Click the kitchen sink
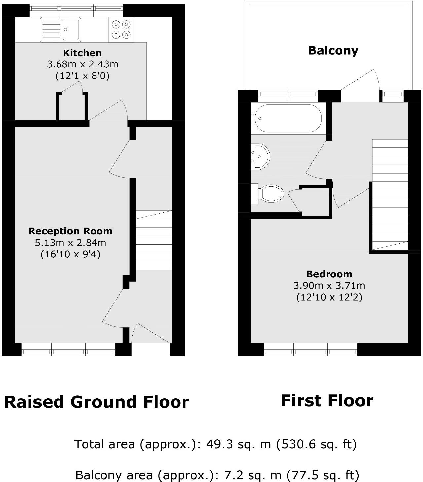60,30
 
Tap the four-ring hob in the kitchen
121,30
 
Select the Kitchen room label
82,53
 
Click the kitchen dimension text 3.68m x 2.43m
82,64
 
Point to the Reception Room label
70,231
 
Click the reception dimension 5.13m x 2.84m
70,243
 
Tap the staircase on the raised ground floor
154,240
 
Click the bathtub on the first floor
286,118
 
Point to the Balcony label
333,51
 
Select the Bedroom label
329,274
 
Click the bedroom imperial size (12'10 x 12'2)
329,297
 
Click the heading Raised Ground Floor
96,402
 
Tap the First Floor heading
327,401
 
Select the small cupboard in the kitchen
72,106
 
